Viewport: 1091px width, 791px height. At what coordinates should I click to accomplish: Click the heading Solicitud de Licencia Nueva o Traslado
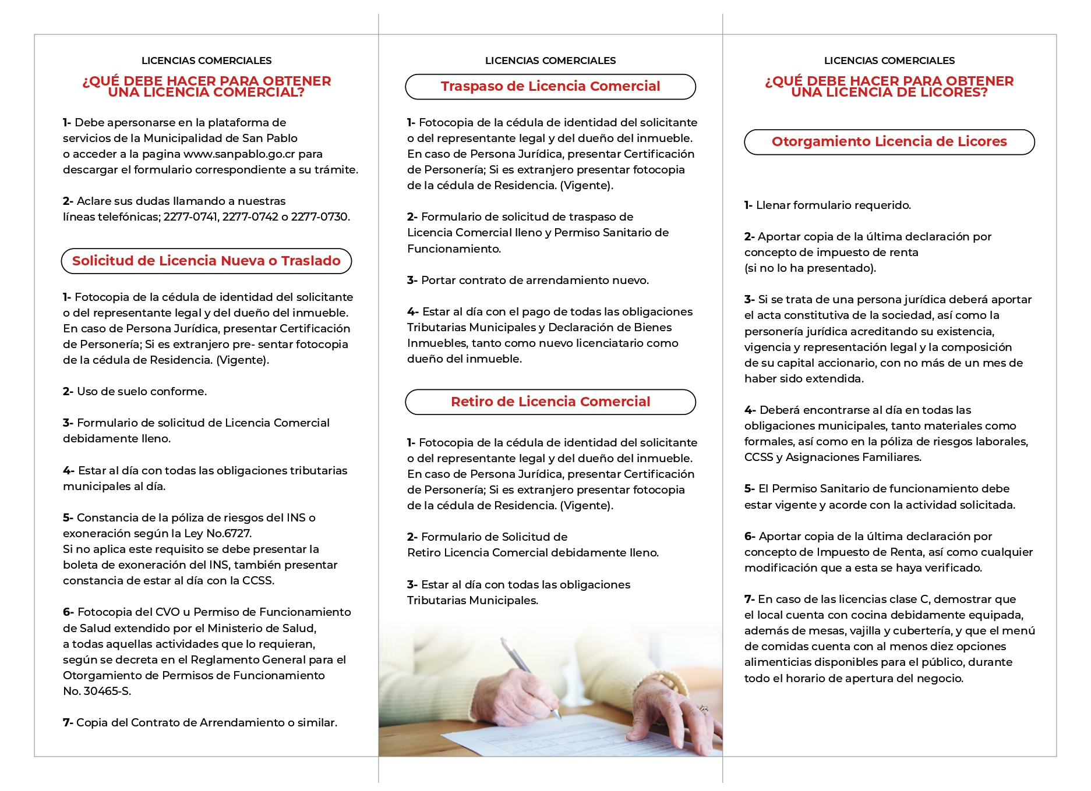pyautogui.click(x=206, y=261)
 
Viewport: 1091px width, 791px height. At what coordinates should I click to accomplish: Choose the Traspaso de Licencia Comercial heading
pyautogui.click(x=550, y=87)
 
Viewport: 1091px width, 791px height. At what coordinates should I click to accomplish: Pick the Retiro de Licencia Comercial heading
pyautogui.click(x=550, y=402)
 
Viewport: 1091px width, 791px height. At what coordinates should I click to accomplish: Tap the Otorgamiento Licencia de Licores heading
pyautogui.click(x=889, y=142)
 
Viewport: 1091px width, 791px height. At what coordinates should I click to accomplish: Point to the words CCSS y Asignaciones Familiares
pyautogui.click(x=832, y=457)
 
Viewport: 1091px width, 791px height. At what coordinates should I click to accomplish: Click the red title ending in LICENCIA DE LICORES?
pyautogui.click(x=889, y=87)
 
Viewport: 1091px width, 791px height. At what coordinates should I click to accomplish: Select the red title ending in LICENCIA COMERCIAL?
pyautogui.click(x=206, y=87)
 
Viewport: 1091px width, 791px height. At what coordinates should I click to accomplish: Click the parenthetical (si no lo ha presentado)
pyautogui.click(x=810, y=268)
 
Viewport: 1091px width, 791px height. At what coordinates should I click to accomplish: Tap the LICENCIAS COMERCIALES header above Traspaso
pyautogui.click(x=550, y=61)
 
